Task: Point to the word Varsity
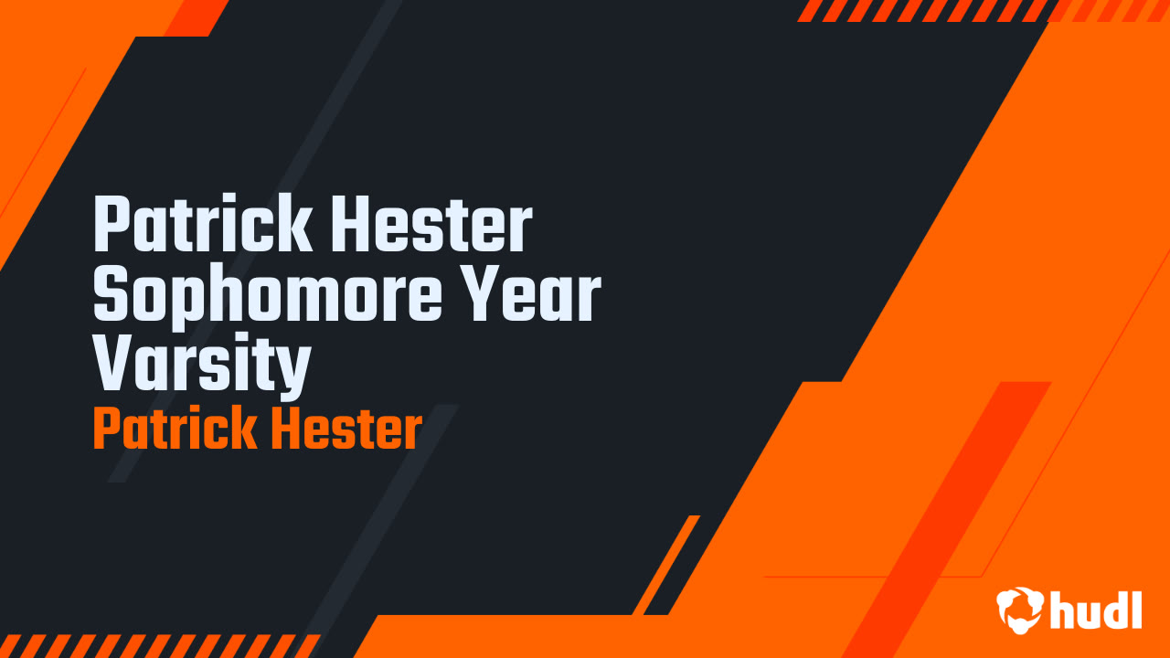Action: [202, 365]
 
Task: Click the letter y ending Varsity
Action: [294, 369]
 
